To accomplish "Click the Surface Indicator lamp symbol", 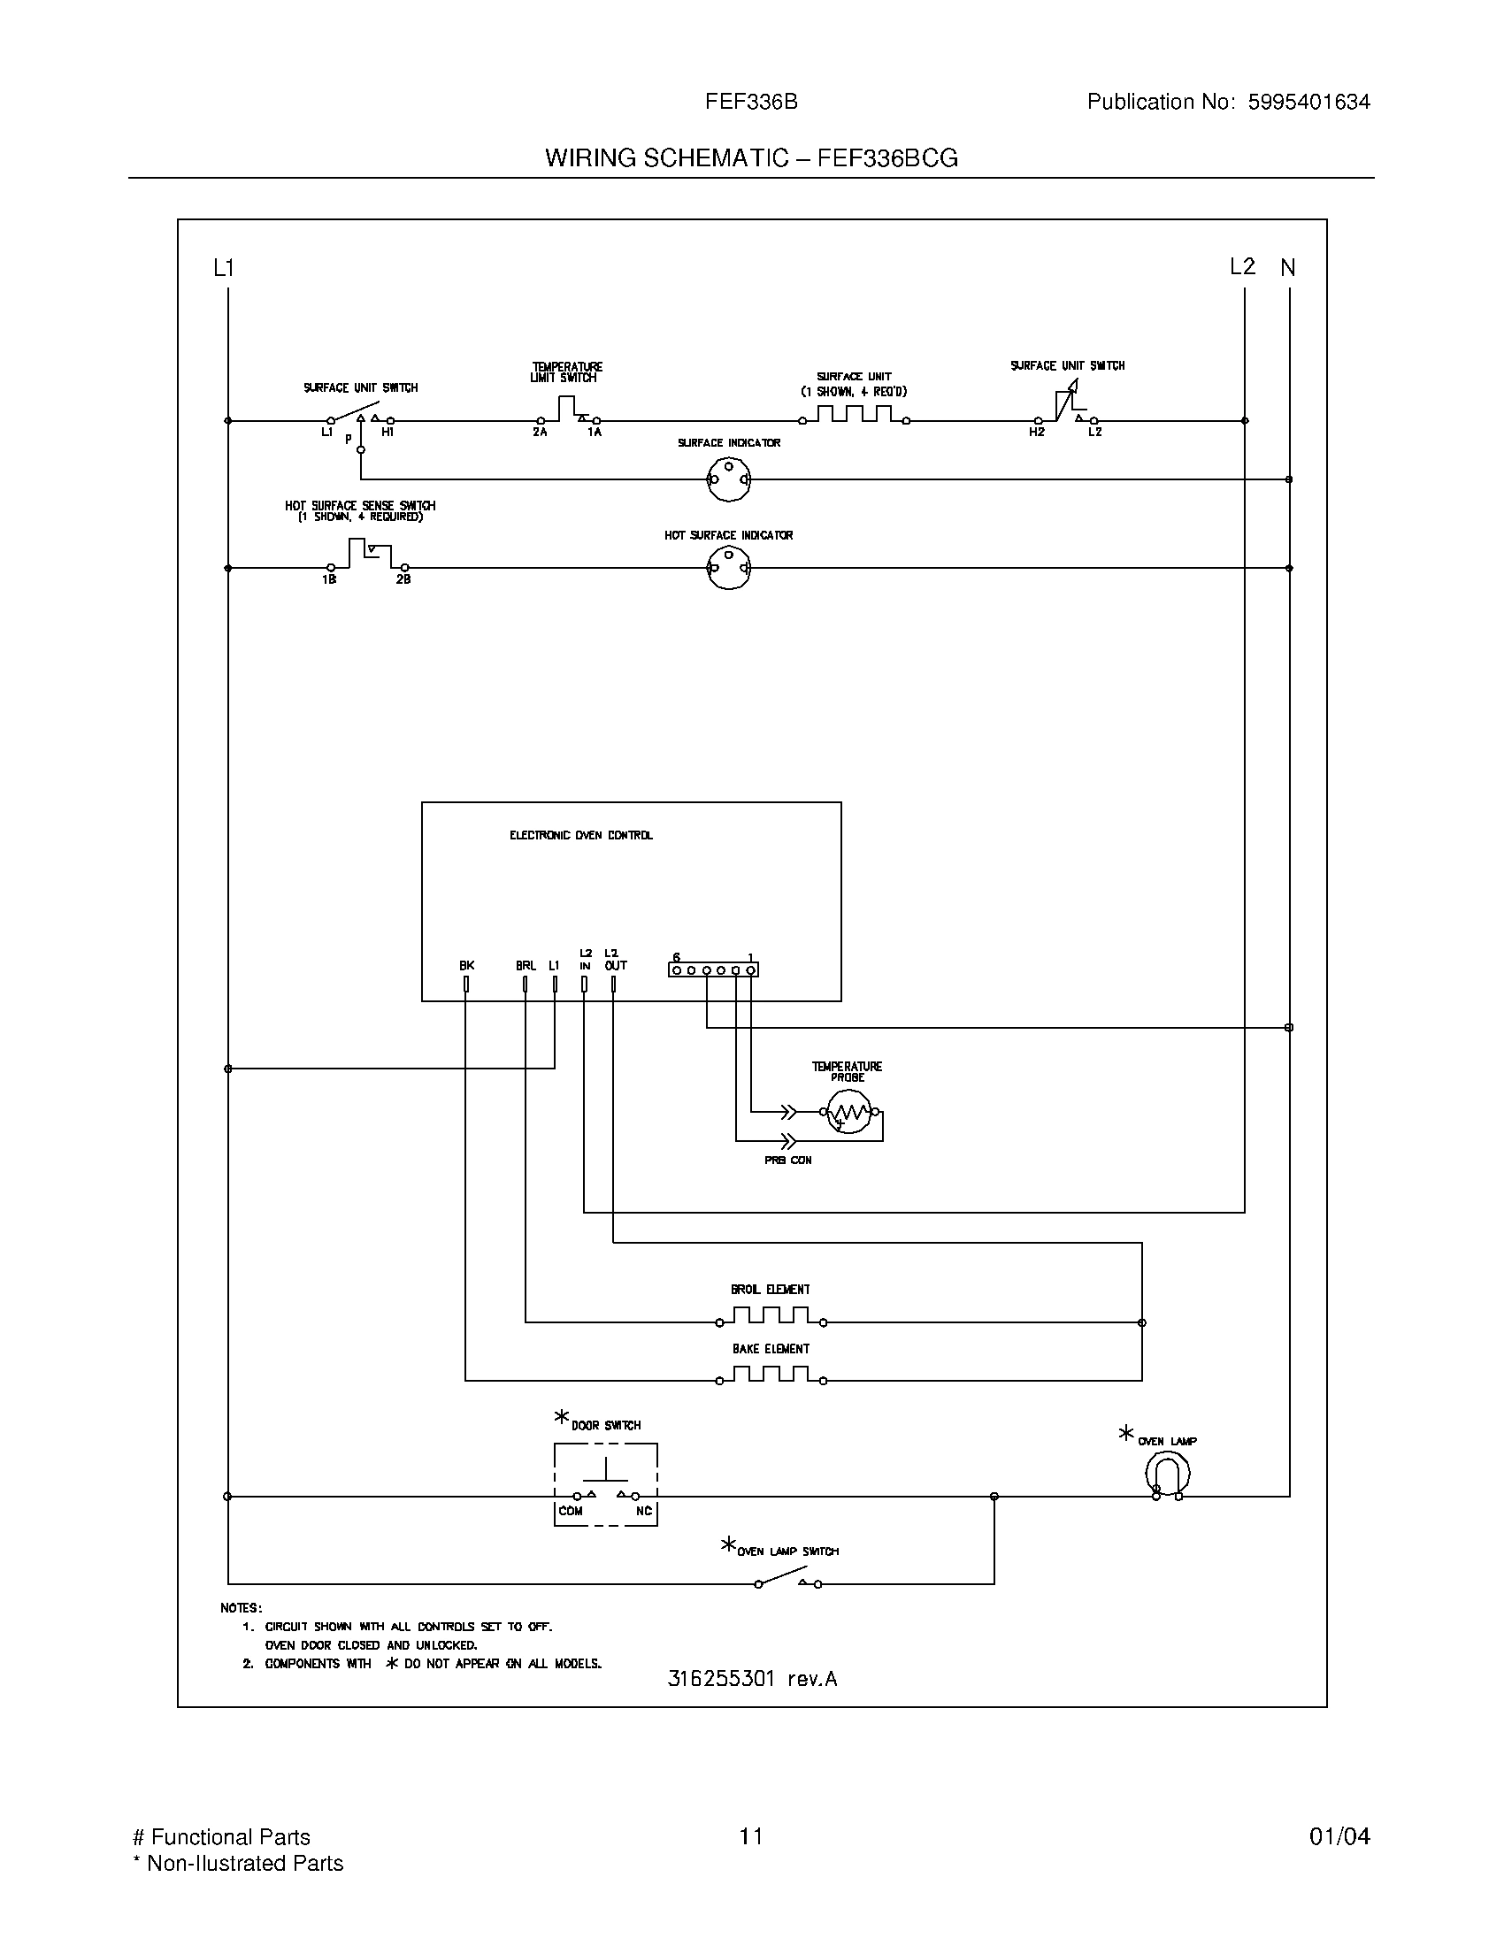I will coord(729,479).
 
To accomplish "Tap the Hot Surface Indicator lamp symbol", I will coord(729,568).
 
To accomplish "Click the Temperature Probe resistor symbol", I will coord(848,1112).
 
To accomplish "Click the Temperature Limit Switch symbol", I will coord(568,410).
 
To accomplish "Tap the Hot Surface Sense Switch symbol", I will coord(368,555).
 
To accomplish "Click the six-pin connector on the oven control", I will coord(713,969).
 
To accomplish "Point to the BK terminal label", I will coord(466,965).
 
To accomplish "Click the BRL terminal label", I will coord(526,965).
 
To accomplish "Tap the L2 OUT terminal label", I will coord(615,960).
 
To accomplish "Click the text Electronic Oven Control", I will coord(581,835).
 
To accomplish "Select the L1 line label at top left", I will coord(224,267).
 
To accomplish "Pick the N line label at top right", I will coord(1287,267).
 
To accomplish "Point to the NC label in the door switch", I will coord(643,1511).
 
